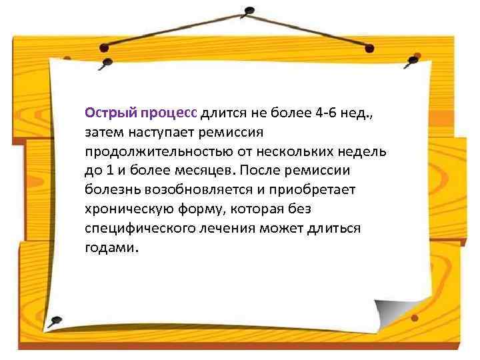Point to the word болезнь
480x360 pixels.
click(109, 189)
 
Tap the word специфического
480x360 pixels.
click(134, 228)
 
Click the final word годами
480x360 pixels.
click(111, 247)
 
